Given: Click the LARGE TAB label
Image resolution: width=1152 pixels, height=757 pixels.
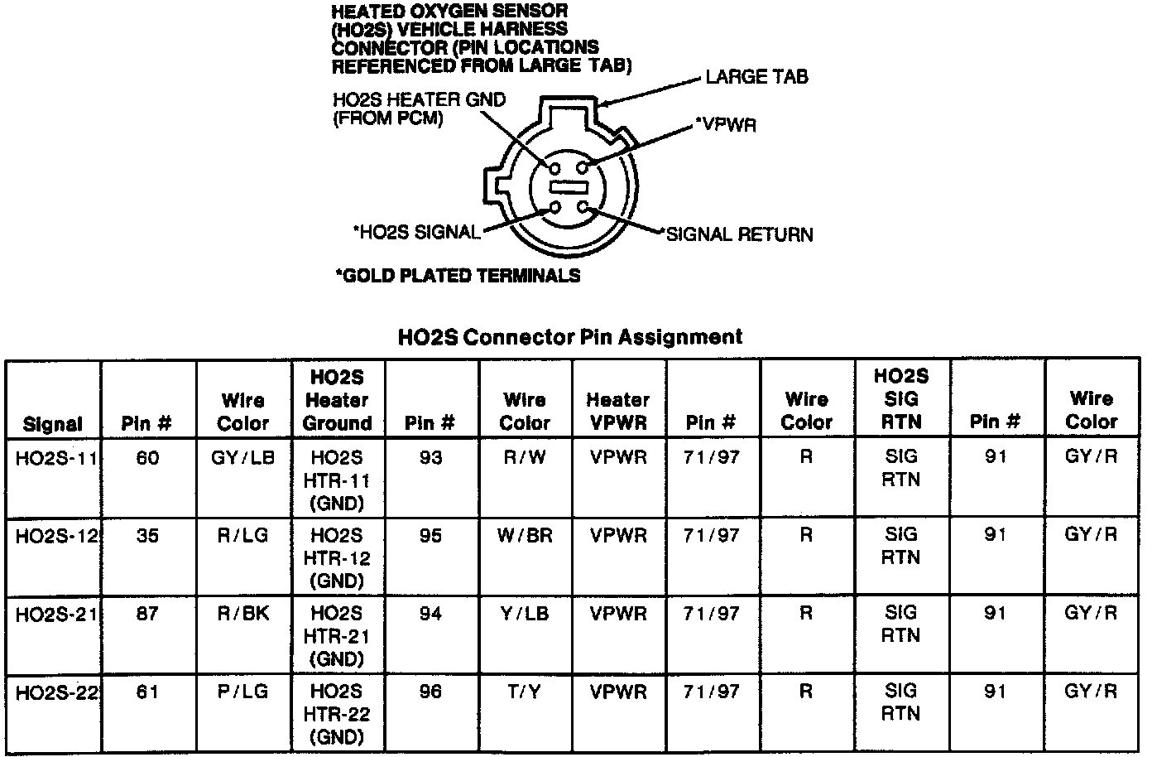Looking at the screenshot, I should tap(756, 77).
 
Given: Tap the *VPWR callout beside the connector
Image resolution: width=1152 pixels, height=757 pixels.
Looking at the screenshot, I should tap(725, 125).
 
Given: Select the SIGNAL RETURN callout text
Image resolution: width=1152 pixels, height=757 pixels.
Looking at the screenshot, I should tap(739, 234).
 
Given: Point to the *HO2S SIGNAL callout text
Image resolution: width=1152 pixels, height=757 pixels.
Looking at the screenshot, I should tap(416, 233).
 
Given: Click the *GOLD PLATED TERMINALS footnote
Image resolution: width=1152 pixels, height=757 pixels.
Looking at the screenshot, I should tap(458, 276).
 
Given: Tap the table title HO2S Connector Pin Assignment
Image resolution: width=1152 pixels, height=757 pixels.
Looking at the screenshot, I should tap(570, 336).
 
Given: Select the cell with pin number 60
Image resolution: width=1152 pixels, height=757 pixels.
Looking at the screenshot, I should tap(147, 458).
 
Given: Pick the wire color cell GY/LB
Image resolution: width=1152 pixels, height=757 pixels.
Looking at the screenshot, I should tap(243, 458).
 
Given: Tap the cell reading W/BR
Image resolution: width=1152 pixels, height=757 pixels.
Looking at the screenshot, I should tap(525, 535).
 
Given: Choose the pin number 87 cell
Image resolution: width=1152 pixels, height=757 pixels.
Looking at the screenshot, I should tap(147, 614).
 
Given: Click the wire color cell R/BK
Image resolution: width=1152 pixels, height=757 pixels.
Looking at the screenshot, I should tap(243, 614).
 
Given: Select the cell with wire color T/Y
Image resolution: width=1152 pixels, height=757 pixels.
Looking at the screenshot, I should tap(525, 692).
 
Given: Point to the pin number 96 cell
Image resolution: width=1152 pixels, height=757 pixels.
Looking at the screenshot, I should tap(430, 692).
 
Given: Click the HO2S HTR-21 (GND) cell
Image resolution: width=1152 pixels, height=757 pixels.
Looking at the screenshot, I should tap(337, 636).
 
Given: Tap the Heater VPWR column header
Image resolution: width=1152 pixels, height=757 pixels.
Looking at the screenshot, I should tap(617, 411).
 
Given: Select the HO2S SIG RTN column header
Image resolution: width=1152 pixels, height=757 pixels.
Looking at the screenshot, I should tap(901, 398).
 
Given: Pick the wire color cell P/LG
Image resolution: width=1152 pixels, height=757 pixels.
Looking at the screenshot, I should tap(243, 692).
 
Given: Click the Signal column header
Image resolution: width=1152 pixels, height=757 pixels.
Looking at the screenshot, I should tap(53, 424).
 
